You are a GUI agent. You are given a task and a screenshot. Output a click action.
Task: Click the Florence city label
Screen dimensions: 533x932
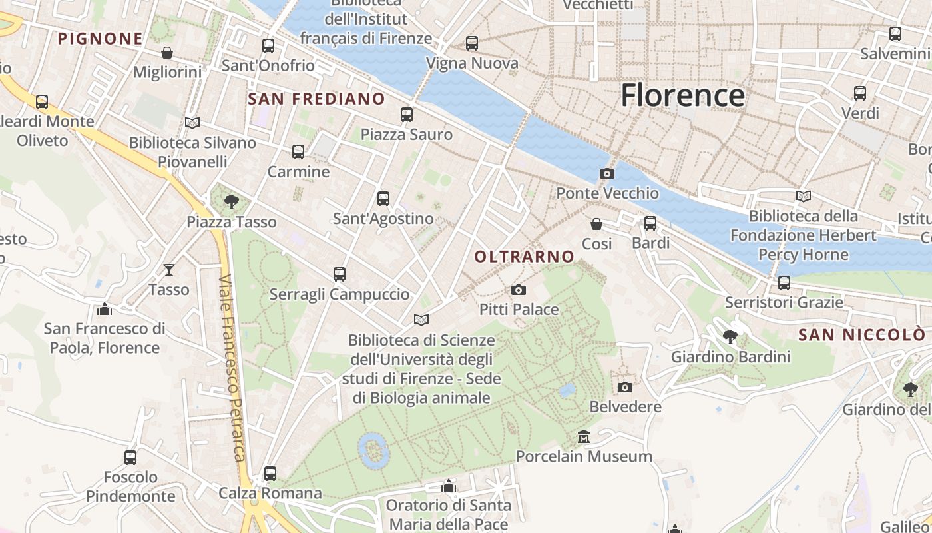682,95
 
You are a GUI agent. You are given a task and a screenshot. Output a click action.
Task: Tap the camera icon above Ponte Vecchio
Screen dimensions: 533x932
607,173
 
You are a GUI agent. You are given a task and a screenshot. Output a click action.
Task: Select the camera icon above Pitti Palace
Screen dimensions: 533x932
519,290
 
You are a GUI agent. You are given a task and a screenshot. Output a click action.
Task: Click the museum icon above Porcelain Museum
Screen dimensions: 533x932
584,436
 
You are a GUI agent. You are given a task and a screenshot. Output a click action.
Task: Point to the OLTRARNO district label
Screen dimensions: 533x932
525,257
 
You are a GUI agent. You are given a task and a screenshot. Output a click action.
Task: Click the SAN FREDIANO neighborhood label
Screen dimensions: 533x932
316,99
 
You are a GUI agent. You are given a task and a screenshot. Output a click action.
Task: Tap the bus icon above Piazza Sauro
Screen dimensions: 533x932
407,114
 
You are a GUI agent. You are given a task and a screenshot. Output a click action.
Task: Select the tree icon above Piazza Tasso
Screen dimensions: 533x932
232,201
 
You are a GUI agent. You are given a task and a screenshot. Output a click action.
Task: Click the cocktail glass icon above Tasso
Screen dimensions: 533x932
169,269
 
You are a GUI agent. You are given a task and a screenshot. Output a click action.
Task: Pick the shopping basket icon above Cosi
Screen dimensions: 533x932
596,223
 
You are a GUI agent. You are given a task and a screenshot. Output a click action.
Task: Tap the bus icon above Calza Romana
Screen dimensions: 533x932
270,473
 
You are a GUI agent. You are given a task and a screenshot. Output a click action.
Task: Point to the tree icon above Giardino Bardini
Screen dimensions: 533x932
730,336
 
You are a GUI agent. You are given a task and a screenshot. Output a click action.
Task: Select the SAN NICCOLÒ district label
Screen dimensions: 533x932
861,335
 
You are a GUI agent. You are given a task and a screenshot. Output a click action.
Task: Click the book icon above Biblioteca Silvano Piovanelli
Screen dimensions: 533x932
192,123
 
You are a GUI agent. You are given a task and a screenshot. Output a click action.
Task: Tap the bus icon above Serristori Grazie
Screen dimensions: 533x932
784,282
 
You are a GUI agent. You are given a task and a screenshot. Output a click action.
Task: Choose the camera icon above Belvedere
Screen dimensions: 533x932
625,387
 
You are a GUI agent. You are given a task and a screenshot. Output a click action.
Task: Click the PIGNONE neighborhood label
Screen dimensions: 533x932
101,39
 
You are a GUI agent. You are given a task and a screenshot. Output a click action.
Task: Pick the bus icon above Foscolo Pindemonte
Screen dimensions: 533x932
130,457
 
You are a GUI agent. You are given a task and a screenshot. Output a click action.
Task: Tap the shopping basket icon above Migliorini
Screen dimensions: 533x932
167,52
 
